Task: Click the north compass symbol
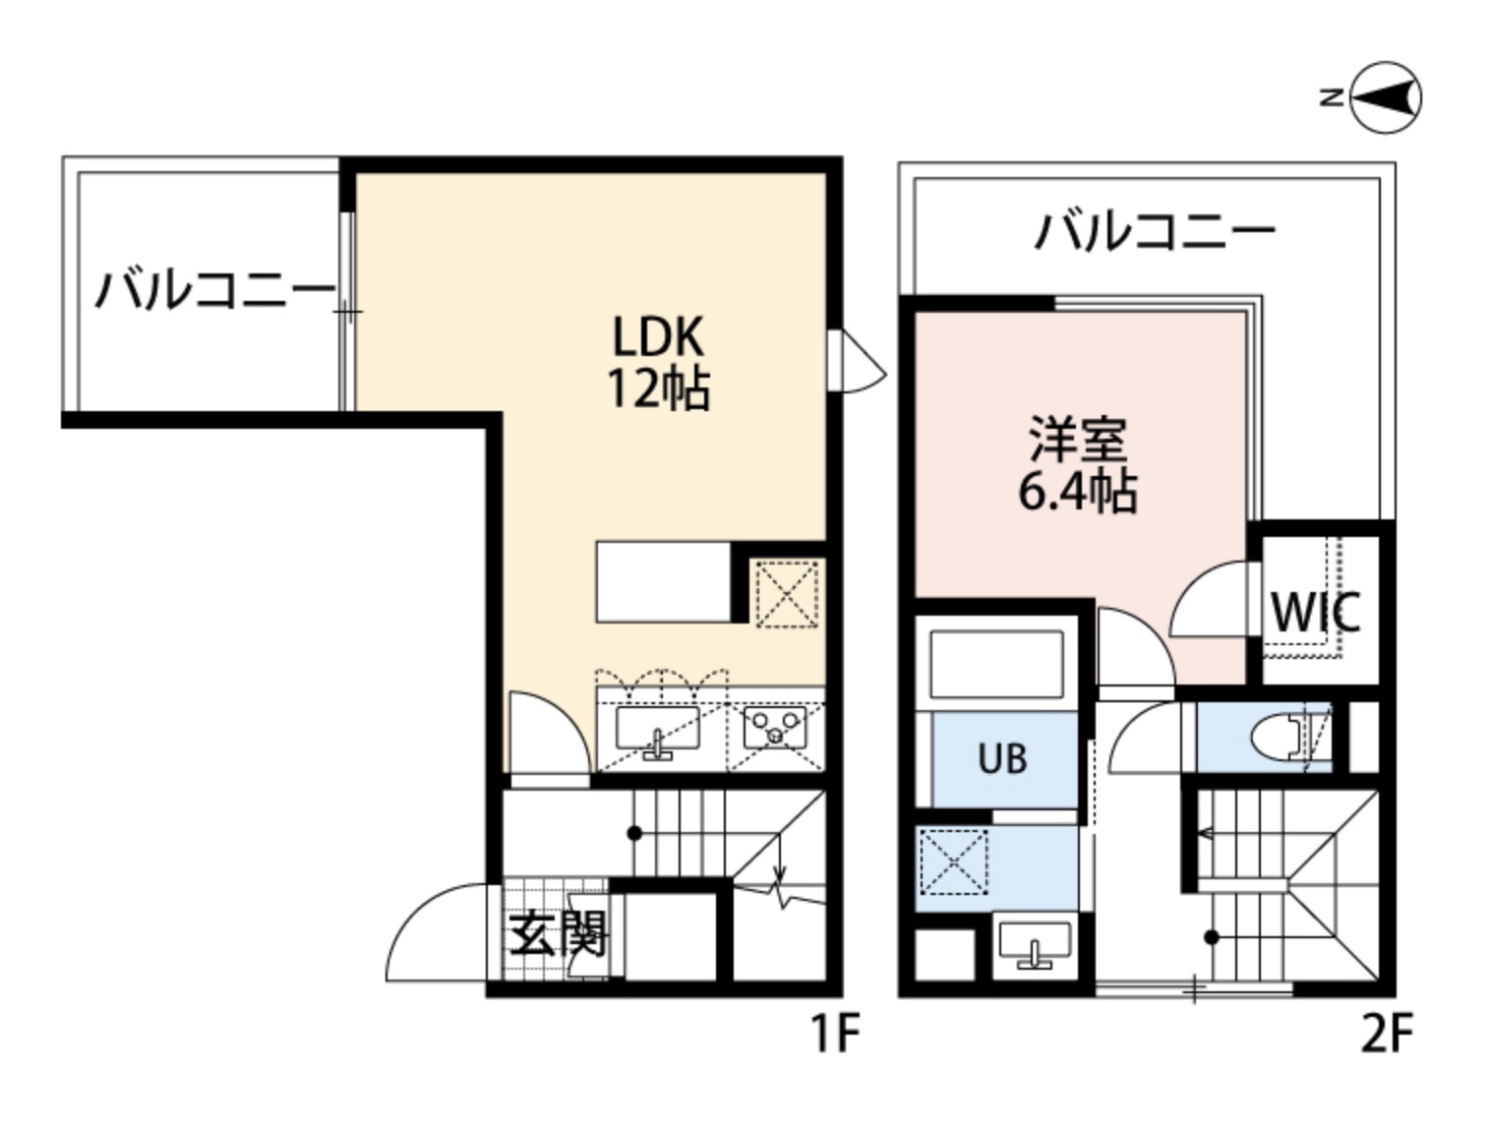(x=1384, y=97)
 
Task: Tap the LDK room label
(x=658, y=336)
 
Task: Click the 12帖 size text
(x=658, y=388)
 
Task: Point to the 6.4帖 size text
(x=1077, y=491)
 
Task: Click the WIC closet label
(x=1315, y=613)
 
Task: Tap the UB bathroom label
(x=1002, y=758)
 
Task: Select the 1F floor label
(x=834, y=1034)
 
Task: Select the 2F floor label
(x=1386, y=1034)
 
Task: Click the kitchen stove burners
(x=775, y=728)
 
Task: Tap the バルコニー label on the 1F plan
(x=214, y=290)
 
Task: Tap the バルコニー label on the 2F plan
(x=1154, y=231)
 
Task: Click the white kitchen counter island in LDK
(x=664, y=581)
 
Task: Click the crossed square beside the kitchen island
(x=787, y=593)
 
